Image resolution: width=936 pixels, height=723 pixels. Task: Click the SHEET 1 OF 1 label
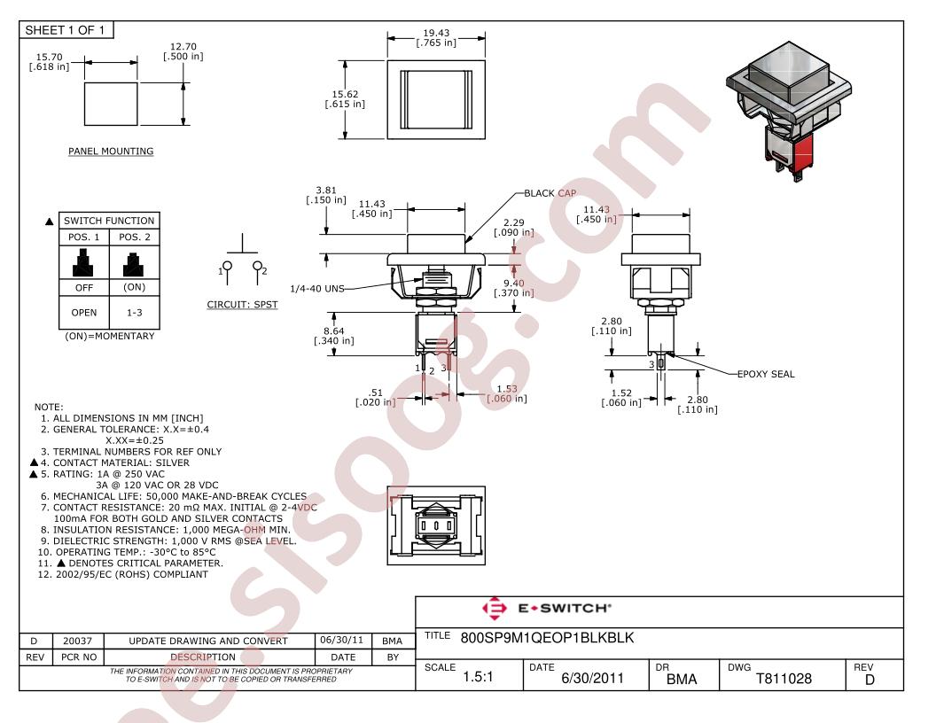[65, 30]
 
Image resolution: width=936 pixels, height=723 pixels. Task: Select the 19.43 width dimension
[436, 33]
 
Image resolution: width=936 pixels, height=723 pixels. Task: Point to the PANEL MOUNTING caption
[111, 152]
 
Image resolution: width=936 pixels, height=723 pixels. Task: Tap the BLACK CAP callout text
[550, 193]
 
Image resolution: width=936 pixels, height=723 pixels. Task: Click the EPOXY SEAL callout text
[766, 374]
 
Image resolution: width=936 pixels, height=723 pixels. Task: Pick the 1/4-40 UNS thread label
[317, 289]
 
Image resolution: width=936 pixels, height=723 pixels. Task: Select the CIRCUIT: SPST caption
[242, 304]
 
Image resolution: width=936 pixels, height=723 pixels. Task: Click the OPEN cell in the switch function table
[84, 313]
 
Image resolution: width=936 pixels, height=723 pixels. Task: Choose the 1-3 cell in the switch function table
[135, 313]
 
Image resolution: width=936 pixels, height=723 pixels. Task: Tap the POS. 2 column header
[135, 237]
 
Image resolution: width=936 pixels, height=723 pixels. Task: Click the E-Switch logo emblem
[495, 609]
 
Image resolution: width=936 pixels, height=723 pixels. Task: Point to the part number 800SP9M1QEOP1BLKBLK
[547, 638]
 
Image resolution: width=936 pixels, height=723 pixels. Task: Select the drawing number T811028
[784, 679]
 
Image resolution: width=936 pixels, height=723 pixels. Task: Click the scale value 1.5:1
[478, 677]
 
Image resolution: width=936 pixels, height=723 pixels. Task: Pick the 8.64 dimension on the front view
[333, 331]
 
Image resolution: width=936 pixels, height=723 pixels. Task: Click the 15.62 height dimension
[345, 94]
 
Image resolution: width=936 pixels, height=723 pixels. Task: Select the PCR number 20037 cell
[78, 641]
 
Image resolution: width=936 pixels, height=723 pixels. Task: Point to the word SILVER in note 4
[173, 463]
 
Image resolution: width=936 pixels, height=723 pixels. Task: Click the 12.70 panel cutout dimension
[183, 47]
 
